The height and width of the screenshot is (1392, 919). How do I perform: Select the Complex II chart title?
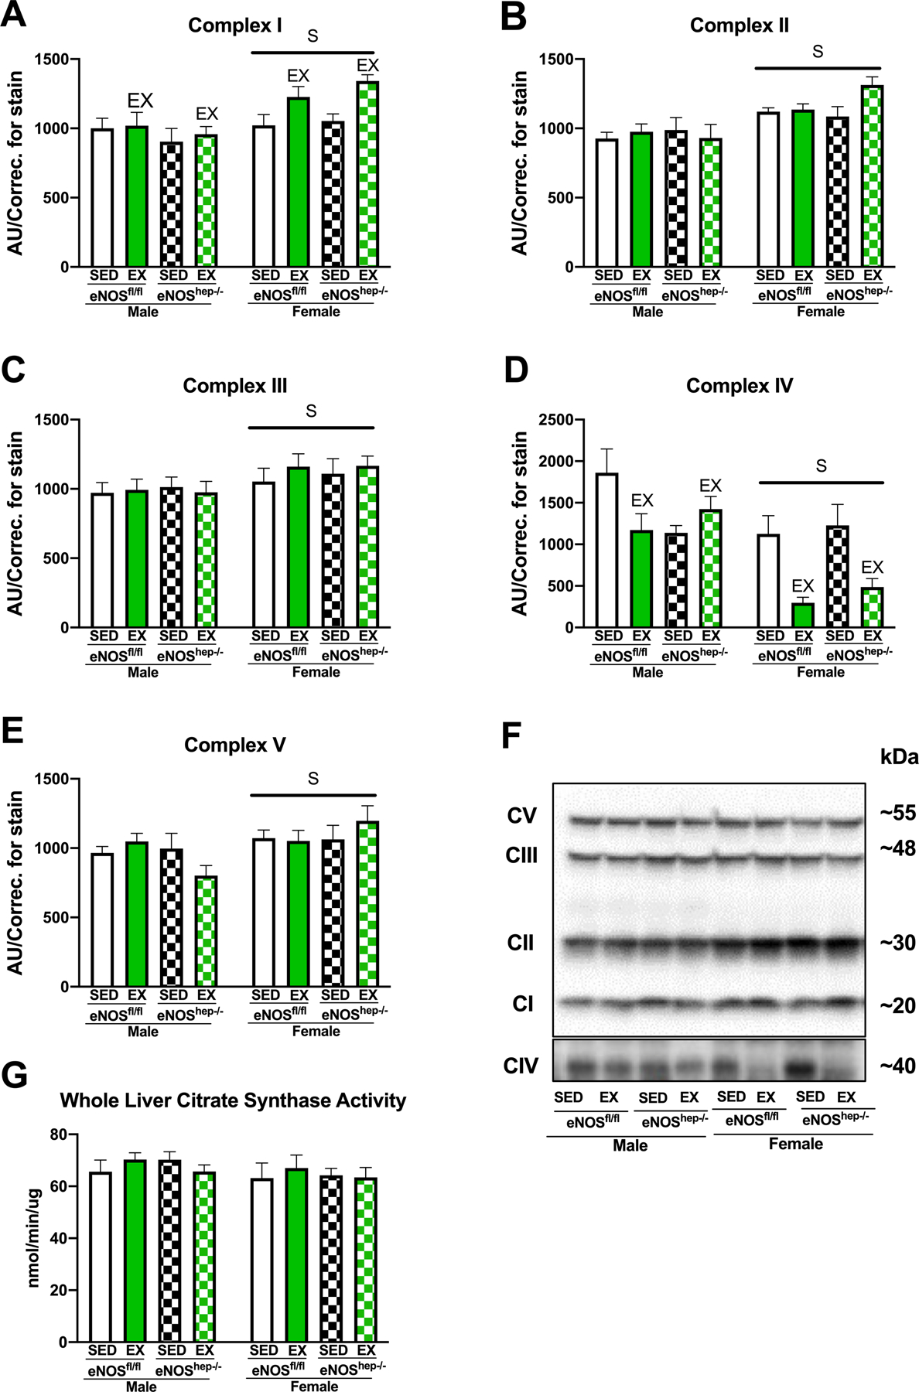coord(739,26)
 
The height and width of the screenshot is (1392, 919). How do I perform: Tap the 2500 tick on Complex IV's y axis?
coord(559,420)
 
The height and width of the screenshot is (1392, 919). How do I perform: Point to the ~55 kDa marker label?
coord(897,813)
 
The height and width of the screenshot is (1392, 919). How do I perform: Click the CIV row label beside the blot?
coord(521,1066)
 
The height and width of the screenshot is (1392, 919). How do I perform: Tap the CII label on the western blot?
coord(521,943)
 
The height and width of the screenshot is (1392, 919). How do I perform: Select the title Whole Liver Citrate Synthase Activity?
coord(233,1100)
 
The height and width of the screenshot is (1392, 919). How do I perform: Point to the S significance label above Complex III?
coord(311,411)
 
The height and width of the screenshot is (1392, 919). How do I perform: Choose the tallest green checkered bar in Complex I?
coord(368,174)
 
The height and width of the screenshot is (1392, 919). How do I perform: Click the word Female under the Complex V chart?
coord(316,1031)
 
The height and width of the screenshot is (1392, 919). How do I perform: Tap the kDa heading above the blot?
coord(899,756)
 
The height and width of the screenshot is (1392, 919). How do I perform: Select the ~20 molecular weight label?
coord(897,1005)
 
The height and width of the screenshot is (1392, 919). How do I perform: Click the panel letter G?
coord(15,1076)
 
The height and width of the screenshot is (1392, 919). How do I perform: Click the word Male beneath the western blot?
coord(630,1145)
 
